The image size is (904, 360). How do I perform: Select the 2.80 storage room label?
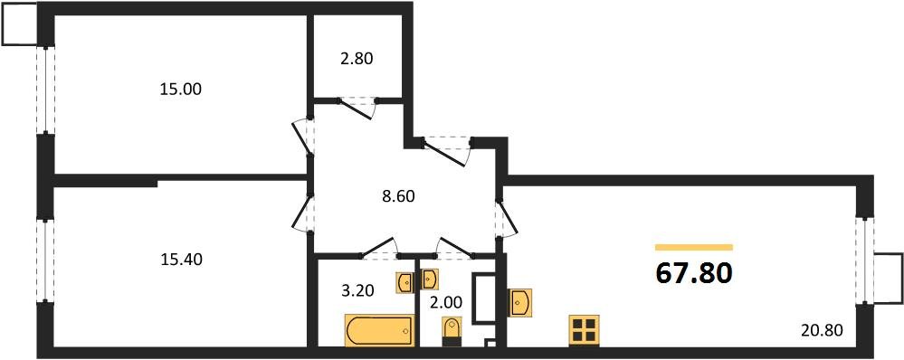point(356,60)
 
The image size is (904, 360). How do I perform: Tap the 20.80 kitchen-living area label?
point(822,330)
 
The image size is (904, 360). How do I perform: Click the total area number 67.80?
point(694,272)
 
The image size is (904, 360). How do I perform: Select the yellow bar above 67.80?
point(694,247)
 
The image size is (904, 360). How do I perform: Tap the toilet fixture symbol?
point(450,332)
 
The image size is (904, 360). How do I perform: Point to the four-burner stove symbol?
point(585,330)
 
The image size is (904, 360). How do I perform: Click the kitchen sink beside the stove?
point(521,301)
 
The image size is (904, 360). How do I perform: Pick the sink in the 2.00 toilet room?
point(431,278)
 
